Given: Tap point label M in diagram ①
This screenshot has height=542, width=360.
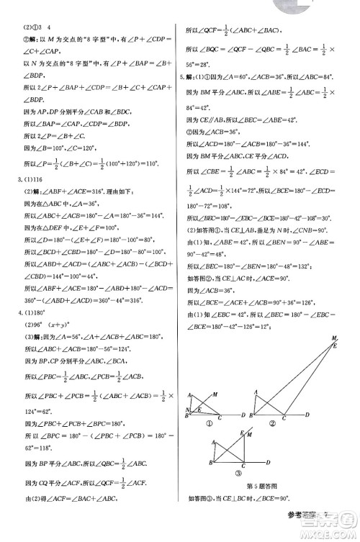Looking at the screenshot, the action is (x=216, y=393).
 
